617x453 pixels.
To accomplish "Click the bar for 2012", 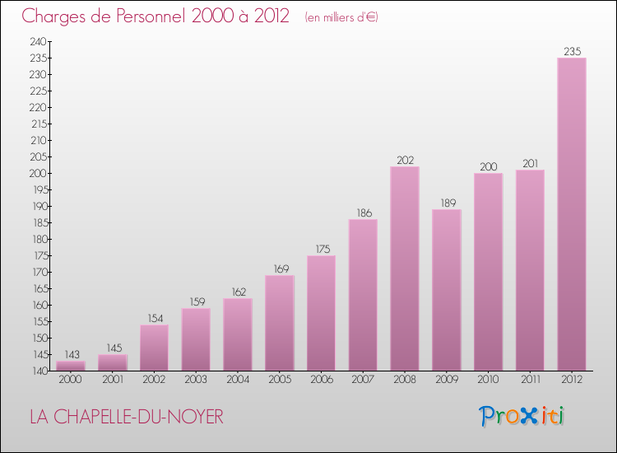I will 572,214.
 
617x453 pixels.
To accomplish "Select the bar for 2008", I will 405,269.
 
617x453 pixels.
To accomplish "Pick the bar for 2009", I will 447,290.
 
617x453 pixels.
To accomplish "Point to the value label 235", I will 572,51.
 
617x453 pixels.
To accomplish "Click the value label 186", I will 363,212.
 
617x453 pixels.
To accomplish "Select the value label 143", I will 71,354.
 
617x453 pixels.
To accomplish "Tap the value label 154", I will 155,318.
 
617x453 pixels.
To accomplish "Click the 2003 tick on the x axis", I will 196,380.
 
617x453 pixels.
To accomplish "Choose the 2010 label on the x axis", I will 488,380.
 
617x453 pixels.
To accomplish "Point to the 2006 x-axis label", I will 321,380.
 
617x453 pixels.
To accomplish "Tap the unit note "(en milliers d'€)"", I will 341,17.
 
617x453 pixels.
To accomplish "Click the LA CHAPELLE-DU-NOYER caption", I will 126,418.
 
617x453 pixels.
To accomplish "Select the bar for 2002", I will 155,348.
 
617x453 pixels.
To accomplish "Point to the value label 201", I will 530,163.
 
